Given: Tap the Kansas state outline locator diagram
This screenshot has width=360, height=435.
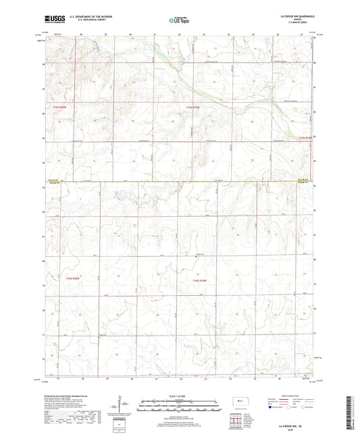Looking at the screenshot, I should click(x=238, y=403).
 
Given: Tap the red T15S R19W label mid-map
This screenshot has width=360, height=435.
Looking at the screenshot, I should click(x=194, y=107).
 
